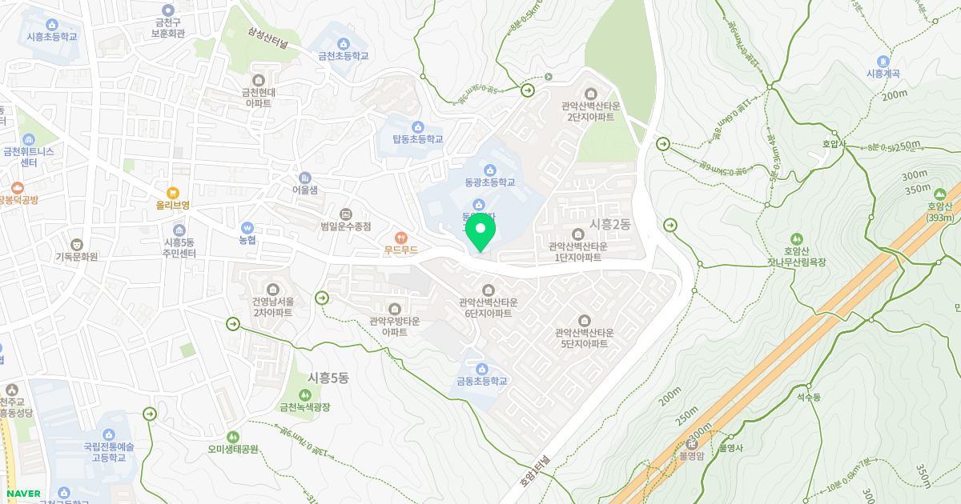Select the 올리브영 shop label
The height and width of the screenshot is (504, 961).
(x=172, y=205)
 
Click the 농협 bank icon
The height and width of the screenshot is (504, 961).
(x=247, y=228)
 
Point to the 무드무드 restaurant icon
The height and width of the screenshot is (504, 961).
(x=401, y=238)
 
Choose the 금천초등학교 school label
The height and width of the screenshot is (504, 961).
(x=344, y=56)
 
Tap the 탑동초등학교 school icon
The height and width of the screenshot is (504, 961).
(x=417, y=127)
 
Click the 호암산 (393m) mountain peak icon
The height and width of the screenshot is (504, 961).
(x=939, y=194)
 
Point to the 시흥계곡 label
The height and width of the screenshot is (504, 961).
(x=883, y=74)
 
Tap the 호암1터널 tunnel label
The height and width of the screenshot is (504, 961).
(x=537, y=470)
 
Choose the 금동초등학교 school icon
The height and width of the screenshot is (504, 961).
(x=482, y=369)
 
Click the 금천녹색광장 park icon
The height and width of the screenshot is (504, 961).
(x=304, y=395)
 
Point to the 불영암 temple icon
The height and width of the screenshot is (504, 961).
(x=690, y=444)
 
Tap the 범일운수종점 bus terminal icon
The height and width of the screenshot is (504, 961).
(x=346, y=214)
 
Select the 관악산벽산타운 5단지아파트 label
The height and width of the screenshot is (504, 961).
(x=584, y=338)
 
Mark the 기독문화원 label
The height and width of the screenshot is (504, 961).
(x=76, y=257)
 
